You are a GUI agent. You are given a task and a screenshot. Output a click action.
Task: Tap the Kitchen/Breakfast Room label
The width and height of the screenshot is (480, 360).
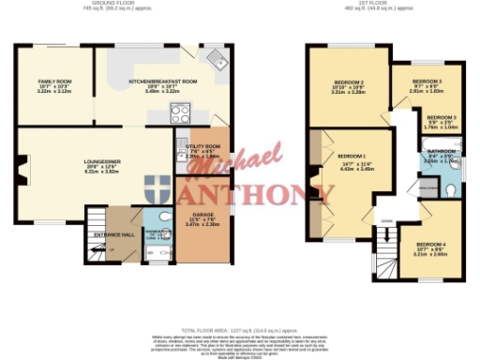pos(163,82)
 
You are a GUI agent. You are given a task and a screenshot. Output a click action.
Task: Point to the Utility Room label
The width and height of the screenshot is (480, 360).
pos(203,146)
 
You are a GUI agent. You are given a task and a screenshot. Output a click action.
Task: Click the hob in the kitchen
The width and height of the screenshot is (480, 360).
pos(180,113)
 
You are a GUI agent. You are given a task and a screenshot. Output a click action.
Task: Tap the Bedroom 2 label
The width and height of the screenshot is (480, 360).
pos(348,83)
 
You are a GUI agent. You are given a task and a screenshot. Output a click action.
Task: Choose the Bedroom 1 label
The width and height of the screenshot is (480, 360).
pos(352,155)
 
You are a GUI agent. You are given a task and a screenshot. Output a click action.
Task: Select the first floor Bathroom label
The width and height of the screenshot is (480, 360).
pos(442,151)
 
